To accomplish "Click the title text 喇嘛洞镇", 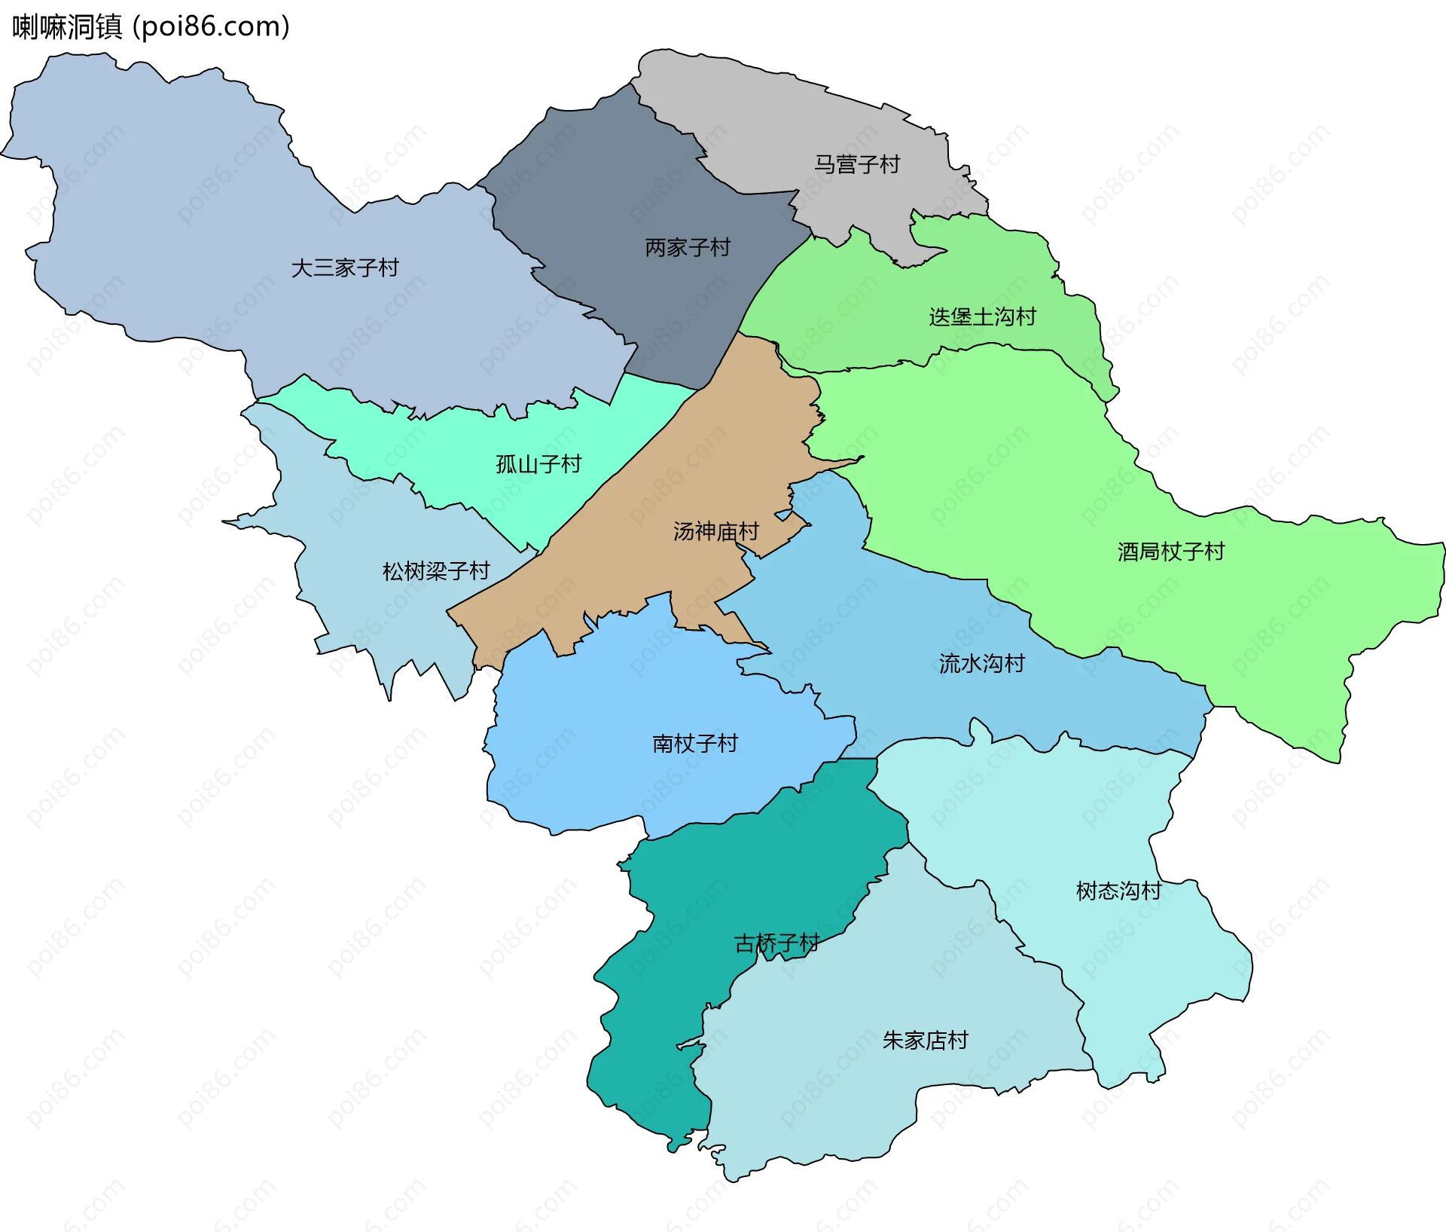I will pos(67,27).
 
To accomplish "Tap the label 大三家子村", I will pos(345,268).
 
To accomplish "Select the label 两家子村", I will pos(688,248).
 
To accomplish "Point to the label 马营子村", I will pos(857,164).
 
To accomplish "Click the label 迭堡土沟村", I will pos(982,317).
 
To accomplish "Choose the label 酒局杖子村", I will pos(1171,552).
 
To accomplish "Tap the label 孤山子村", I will pos(538,464).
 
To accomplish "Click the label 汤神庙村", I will pos(715,532).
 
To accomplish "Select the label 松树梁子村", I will pos(436,571).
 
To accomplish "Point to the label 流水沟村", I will pos(981,664).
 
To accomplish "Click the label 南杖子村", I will pos(694,744).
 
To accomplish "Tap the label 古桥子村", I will pos(776,944).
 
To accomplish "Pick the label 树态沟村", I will pos(1118,891).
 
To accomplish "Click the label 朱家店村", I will pos(925,1041).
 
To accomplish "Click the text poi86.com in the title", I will pos(211,27).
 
